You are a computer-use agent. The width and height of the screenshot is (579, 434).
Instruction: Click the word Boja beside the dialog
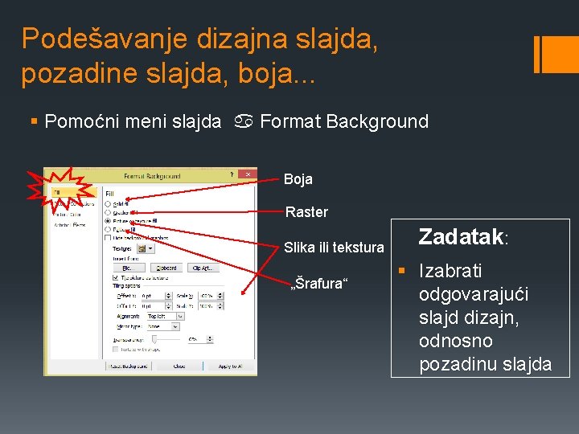pyautogui.click(x=298, y=179)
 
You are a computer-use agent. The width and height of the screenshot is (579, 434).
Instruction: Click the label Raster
pyautogui.click(x=306, y=212)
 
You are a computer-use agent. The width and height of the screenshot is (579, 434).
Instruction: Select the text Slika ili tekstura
pyautogui.click(x=334, y=248)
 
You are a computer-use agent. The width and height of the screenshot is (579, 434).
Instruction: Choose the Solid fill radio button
pyautogui.click(x=108, y=203)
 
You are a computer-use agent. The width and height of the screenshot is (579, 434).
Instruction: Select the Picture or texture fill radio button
pyautogui.click(x=108, y=219)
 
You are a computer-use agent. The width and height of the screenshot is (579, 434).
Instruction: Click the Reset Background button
pyautogui.click(x=127, y=366)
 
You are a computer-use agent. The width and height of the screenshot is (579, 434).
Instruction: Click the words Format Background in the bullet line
pyautogui.click(x=344, y=122)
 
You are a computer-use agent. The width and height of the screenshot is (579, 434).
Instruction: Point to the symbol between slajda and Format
pyautogui.click(x=241, y=122)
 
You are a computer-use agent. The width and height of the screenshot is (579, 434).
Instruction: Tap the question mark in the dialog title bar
pyautogui.click(x=231, y=174)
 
